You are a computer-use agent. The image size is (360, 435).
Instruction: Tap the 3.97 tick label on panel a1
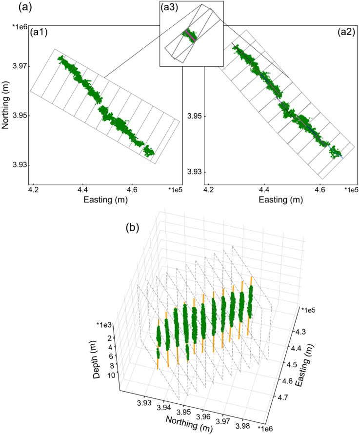(19, 66)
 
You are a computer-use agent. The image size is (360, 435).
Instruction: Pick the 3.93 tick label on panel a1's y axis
(19, 165)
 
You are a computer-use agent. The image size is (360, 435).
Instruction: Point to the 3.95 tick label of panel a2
(194, 117)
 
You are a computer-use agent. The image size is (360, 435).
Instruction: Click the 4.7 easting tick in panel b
(296, 399)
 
